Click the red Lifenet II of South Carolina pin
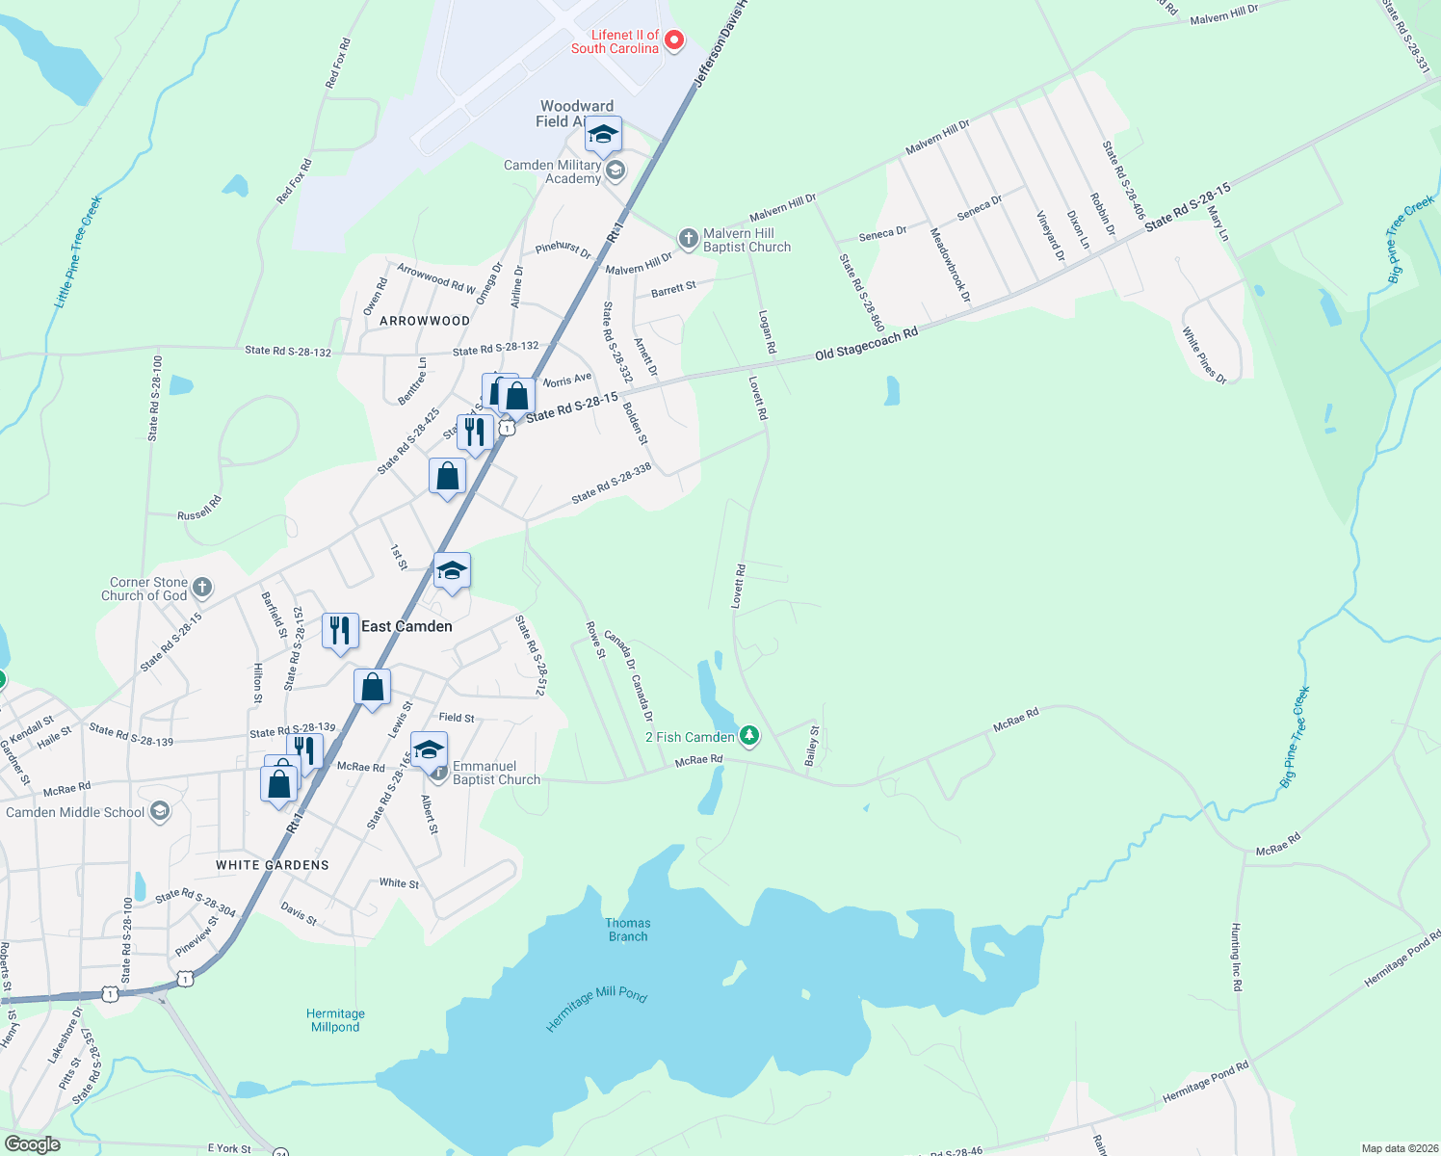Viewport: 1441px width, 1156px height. pos(674,39)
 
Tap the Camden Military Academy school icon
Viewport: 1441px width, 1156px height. pos(616,171)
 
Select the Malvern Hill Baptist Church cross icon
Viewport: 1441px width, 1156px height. pos(688,237)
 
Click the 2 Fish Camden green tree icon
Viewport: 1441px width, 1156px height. pos(749,737)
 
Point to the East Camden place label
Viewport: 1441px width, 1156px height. pos(406,626)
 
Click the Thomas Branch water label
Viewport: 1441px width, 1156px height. pos(628,930)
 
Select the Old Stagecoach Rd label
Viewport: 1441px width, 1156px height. pos(866,344)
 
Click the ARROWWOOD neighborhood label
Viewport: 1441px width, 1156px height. pos(425,321)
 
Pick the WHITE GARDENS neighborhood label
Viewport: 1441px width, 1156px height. pos(273,865)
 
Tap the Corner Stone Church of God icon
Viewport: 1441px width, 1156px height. pos(201,587)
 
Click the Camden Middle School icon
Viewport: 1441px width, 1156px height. pos(160,811)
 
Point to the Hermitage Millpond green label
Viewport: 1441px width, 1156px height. pos(335,1020)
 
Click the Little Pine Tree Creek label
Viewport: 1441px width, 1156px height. pos(77,252)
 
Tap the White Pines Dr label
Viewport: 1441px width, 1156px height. pos(1204,355)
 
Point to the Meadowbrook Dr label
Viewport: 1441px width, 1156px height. pos(950,265)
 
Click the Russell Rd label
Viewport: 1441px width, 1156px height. pos(199,509)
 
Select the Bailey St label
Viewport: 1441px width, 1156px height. pos(812,745)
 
